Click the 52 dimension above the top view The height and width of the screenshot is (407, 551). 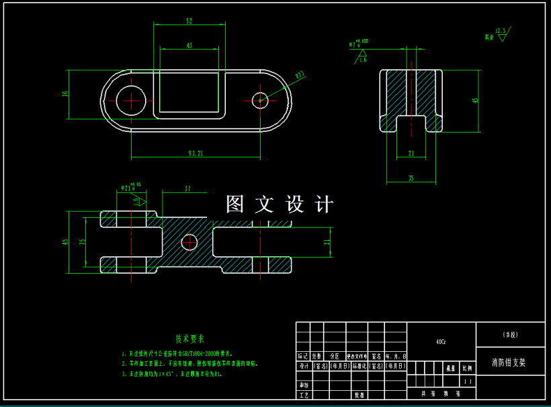(x=189, y=22)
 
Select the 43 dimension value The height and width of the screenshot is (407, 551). (x=189, y=46)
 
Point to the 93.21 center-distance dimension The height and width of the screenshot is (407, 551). (x=196, y=154)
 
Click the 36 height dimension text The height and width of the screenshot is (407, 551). (x=66, y=94)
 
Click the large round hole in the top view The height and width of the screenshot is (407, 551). (x=131, y=101)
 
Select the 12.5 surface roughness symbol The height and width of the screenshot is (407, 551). (x=500, y=32)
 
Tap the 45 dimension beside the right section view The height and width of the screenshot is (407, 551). (x=476, y=101)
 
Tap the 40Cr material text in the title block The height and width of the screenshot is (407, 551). (x=441, y=341)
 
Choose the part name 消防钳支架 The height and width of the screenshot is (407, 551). (x=509, y=362)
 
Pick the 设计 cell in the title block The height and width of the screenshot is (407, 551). (x=303, y=366)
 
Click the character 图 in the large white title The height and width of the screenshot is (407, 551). (x=235, y=205)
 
